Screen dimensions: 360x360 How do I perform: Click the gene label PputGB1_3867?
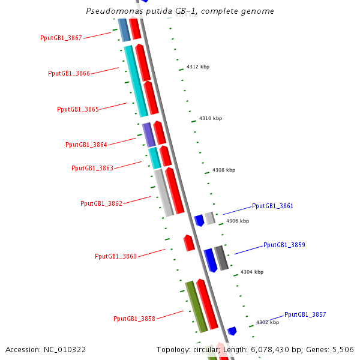61,38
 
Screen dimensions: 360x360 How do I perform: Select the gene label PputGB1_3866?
69,73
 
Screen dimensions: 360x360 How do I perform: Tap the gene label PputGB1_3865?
78,109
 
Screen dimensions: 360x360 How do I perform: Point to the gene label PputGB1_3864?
86,145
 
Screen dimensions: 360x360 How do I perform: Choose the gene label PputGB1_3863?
92,168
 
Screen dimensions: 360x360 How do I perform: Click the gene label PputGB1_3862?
101,203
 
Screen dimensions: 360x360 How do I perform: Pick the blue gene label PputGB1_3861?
273,206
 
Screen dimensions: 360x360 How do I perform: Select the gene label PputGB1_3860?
116,256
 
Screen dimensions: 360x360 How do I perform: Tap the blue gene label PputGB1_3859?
284,245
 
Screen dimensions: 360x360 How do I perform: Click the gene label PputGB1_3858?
134,319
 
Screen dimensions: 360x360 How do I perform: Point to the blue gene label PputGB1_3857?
305,314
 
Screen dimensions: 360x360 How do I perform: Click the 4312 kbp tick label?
198,67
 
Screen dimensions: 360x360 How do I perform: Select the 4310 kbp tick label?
211,118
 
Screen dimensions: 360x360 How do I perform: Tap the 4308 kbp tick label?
224,170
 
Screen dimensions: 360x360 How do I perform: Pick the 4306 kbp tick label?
238,221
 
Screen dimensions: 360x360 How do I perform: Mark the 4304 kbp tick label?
252,272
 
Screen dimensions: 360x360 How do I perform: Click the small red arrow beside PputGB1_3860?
189,243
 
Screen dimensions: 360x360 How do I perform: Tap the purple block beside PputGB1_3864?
149,134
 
